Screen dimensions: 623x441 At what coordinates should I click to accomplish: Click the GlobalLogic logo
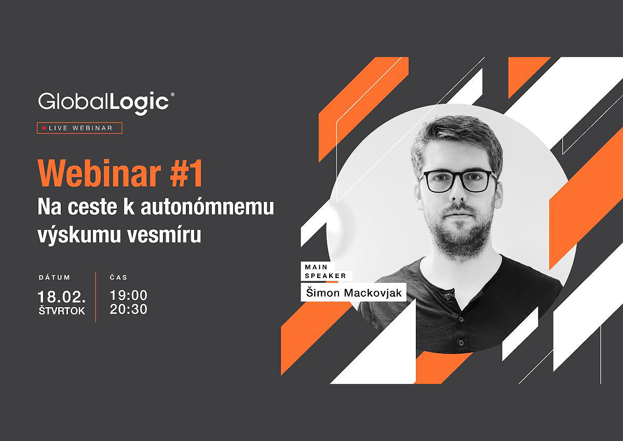coord(106,103)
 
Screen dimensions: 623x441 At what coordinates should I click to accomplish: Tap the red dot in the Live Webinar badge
coord(44,128)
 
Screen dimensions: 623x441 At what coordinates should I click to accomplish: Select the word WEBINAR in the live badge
coord(92,128)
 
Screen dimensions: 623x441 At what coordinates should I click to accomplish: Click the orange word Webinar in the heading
coord(99,173)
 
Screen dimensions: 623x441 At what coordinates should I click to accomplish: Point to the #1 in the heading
coord(186,173)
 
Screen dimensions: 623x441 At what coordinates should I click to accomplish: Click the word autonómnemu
coord(208,206)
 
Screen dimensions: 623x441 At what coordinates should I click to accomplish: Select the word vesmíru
coord(165,235)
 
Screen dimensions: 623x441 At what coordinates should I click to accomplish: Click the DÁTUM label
coord(55,278)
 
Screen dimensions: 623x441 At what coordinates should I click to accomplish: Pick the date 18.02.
coord(62,297)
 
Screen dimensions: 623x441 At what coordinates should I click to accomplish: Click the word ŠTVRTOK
coord(62,311)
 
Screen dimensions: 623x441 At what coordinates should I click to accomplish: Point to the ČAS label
coord(119,278)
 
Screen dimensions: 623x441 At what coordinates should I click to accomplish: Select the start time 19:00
coord(129,295)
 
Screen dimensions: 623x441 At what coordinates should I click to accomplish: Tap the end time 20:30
coord(129,309)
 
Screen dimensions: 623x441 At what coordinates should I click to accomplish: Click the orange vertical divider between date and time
coord(96,297)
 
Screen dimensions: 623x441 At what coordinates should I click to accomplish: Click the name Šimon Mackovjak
coord(354,293)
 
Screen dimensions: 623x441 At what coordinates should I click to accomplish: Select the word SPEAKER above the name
coord(326,276)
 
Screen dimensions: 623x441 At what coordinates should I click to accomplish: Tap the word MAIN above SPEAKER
coord(316,267)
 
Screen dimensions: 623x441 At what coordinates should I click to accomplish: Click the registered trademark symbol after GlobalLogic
coord(172,95)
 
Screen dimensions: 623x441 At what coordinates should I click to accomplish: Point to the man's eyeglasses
coord(459,181)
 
